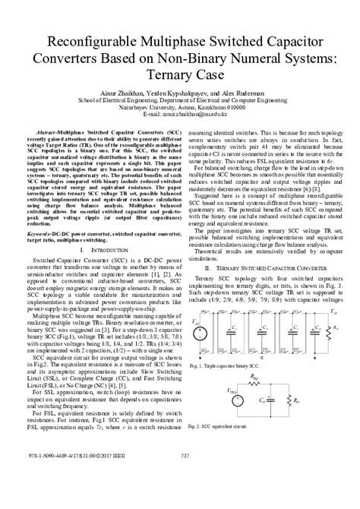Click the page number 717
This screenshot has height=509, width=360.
click(x=180, y=498)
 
